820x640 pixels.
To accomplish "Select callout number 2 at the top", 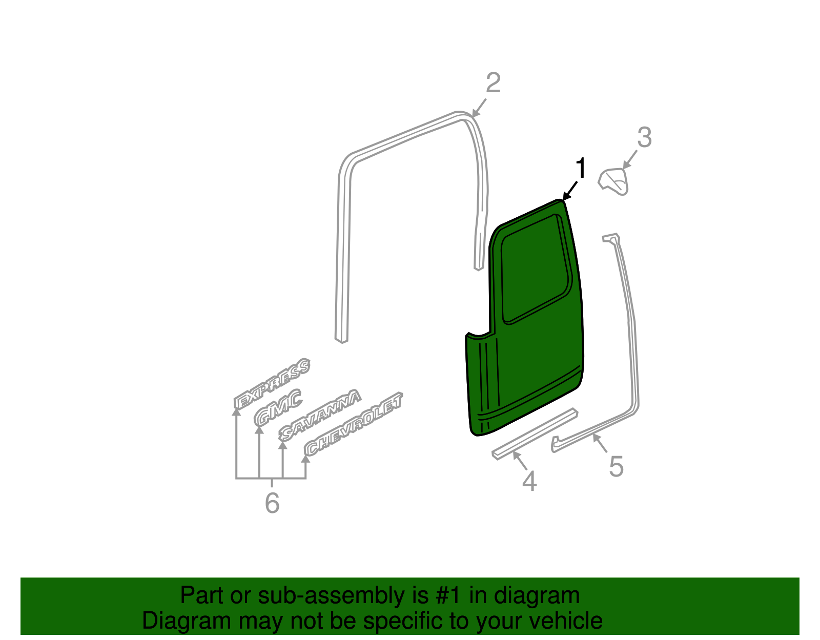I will (493, 83).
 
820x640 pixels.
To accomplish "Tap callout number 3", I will (644, 137).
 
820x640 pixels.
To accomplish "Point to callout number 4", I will (529, 482).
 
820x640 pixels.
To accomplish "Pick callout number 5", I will (616, 467).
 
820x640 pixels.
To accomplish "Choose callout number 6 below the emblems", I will (272, 503).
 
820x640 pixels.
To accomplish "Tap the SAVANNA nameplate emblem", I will (320, 416).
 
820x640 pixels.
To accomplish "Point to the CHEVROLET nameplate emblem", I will (354, 424).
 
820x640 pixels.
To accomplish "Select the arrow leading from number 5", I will (600, 443).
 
